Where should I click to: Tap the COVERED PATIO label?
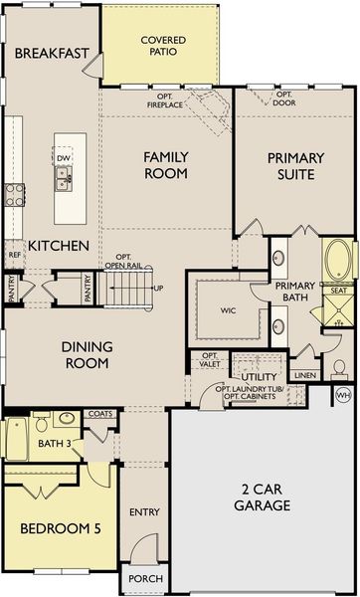coord(162,46)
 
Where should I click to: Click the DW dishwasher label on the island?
coord(63,157)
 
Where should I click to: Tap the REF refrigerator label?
coord(14,255)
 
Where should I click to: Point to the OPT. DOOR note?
coord(291,99)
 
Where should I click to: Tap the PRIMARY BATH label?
coord(295,293)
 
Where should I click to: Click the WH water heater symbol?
coord(344,395)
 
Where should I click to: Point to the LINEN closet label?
coord(305,375)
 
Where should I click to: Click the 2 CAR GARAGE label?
coord(264,497)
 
